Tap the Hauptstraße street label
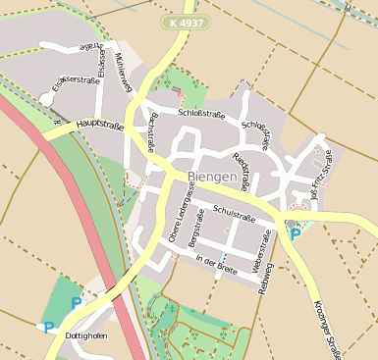click(x=98, y=126)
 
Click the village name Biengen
click(x=213, y=177)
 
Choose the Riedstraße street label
click(x=240, y=170)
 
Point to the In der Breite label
click(x=216, y=261)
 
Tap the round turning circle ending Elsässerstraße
click(x=46, y=99)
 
